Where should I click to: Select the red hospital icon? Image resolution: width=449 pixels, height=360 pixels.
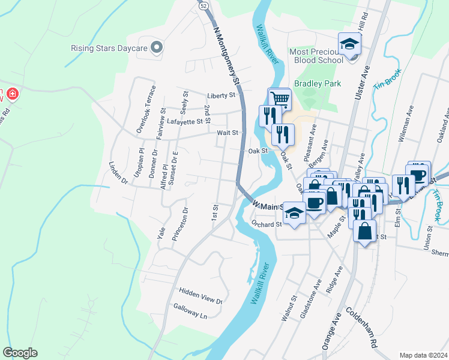[x=11, y=95]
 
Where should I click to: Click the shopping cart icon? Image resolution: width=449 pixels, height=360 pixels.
[x=279, y=98]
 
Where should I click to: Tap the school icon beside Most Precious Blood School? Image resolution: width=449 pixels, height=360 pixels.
[x=350, y=44]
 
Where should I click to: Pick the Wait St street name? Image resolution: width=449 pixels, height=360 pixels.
[x=228, y=133]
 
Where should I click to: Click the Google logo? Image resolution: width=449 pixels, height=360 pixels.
[x=20, y=353]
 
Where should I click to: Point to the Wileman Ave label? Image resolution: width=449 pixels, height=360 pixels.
[x=405, y=124]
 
